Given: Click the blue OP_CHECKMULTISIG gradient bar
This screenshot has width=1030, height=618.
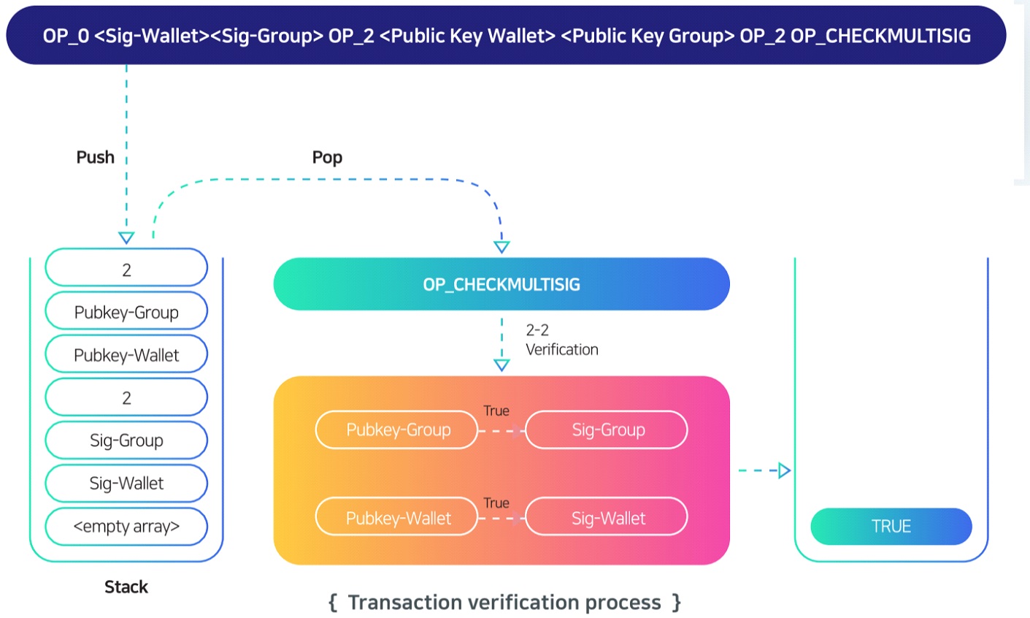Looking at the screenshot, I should pyautogui.click(x=501, y=284).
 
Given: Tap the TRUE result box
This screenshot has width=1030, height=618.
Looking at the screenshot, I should pyautogui.click(x=891, y=526).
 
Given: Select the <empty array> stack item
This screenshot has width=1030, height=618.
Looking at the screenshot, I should pyautogui.click(x=126, y=526).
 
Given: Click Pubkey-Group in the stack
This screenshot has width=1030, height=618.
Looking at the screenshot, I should pyautogui.click(x=126, y=312).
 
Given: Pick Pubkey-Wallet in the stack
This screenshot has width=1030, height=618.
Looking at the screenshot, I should pyautogui.click(x=126, y=355).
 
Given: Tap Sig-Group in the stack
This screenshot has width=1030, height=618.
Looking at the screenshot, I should pyautogui.click(x=126, y=440).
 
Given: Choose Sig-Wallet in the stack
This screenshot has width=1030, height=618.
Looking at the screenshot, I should pyautogui.click(x=126, y=483).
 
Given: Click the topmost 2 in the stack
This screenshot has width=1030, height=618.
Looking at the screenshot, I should pyautogui.click(x=126, y=270).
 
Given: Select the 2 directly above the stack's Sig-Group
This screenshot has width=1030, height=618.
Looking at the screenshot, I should pyautogui.click(x=126, y=397).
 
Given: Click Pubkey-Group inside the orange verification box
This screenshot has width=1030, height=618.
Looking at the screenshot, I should pyautogui.click(x=398, y=430).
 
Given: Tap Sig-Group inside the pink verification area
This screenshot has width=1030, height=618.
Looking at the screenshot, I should pyautogui.click(x=607, y=430).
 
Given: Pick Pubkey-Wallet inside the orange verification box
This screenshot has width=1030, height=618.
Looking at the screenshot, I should pyautogui.click(x=398, y=518).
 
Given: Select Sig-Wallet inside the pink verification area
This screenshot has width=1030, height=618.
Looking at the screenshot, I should pyautogui.click(x=607, y=518).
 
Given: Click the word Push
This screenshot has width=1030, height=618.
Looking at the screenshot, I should pyautogui.click(x=96, y=157).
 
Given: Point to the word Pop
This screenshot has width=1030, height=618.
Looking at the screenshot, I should pyautogui.click(x=327, y=157).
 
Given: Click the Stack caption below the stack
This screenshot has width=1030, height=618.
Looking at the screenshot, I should pyautogui.click(x=126, y=587).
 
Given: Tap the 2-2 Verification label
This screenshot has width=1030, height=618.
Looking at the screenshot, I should pyautogui.click(x=561, y=340).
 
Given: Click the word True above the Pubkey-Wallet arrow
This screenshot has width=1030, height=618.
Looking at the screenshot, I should pyautogui.click(x=496, y=503).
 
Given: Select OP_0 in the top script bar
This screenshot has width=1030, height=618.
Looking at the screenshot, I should pyautogui.click(x=66, y=36).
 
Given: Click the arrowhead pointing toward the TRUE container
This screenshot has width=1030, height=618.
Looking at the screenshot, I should pyautogui.click(x=784, y=470).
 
